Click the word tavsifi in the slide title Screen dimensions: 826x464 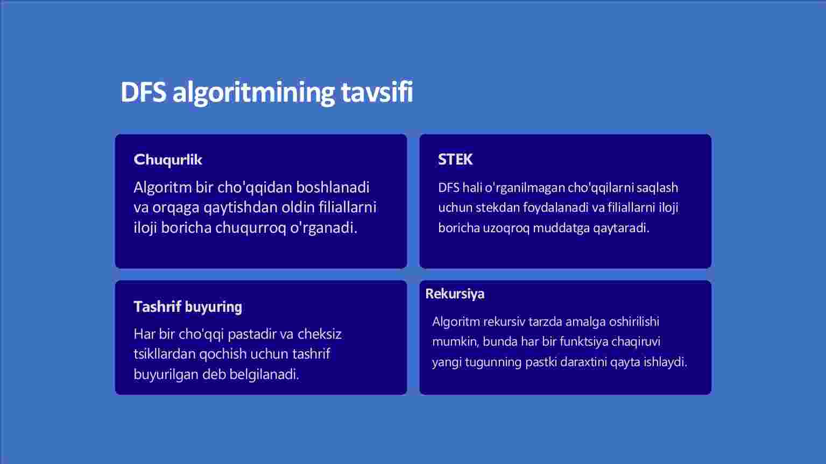point(377,92)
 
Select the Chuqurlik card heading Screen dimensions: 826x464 point(168,160)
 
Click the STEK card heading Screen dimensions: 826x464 point(455,159)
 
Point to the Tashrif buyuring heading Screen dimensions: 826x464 point(188,306)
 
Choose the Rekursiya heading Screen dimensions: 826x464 point(455,294)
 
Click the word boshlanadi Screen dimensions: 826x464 point(333,187)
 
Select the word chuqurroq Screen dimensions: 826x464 point(250,228)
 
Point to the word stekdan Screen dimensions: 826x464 point(497,208)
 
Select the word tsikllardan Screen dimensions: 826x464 point(165,354)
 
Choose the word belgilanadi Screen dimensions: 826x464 point(264,374)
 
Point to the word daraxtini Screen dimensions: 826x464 point(587,362)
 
